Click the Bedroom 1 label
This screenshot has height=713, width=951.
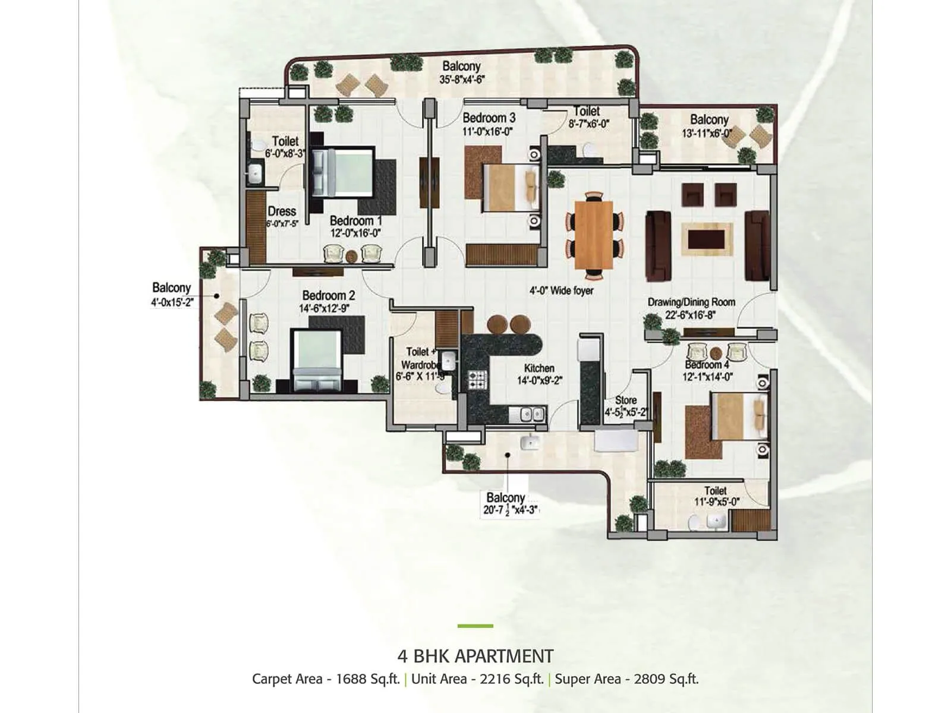[x=352, y=221]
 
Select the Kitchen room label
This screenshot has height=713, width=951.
[x=539, y=368]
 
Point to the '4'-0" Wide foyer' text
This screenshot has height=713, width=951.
[x=562, y=291]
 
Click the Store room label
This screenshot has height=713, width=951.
[x=626, y=400]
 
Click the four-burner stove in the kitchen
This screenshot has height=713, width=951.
[x=477, y=380]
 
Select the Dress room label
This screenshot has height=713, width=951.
[x=282, y=212]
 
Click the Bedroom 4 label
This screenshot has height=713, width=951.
[x=707, y=365]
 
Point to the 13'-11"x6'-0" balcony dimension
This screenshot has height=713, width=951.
[x=707, y=134]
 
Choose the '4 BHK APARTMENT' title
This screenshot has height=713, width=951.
[x=475, y=657]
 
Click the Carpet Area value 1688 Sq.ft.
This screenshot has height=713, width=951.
[x=367, y=679]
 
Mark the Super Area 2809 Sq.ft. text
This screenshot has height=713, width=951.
[x=666, y=679]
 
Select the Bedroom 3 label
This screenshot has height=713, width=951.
[x=489, y=118]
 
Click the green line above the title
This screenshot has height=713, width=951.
[x=475, y=626]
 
